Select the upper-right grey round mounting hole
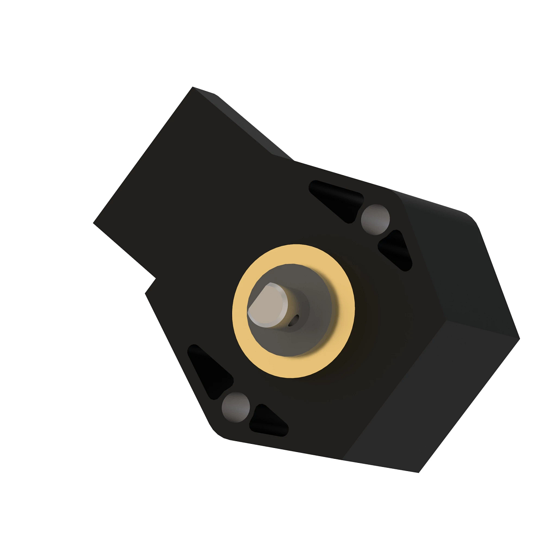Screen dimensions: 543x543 [x=375, y=219]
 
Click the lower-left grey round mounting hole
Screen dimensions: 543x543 [x=236, y=406]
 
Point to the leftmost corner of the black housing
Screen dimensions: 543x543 [x=94, y=223]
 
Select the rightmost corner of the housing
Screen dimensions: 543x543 [x=519, y=338]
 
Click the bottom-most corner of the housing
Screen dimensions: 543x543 [x=419, y=472]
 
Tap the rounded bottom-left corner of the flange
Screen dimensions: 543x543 [x=216, y=432]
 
